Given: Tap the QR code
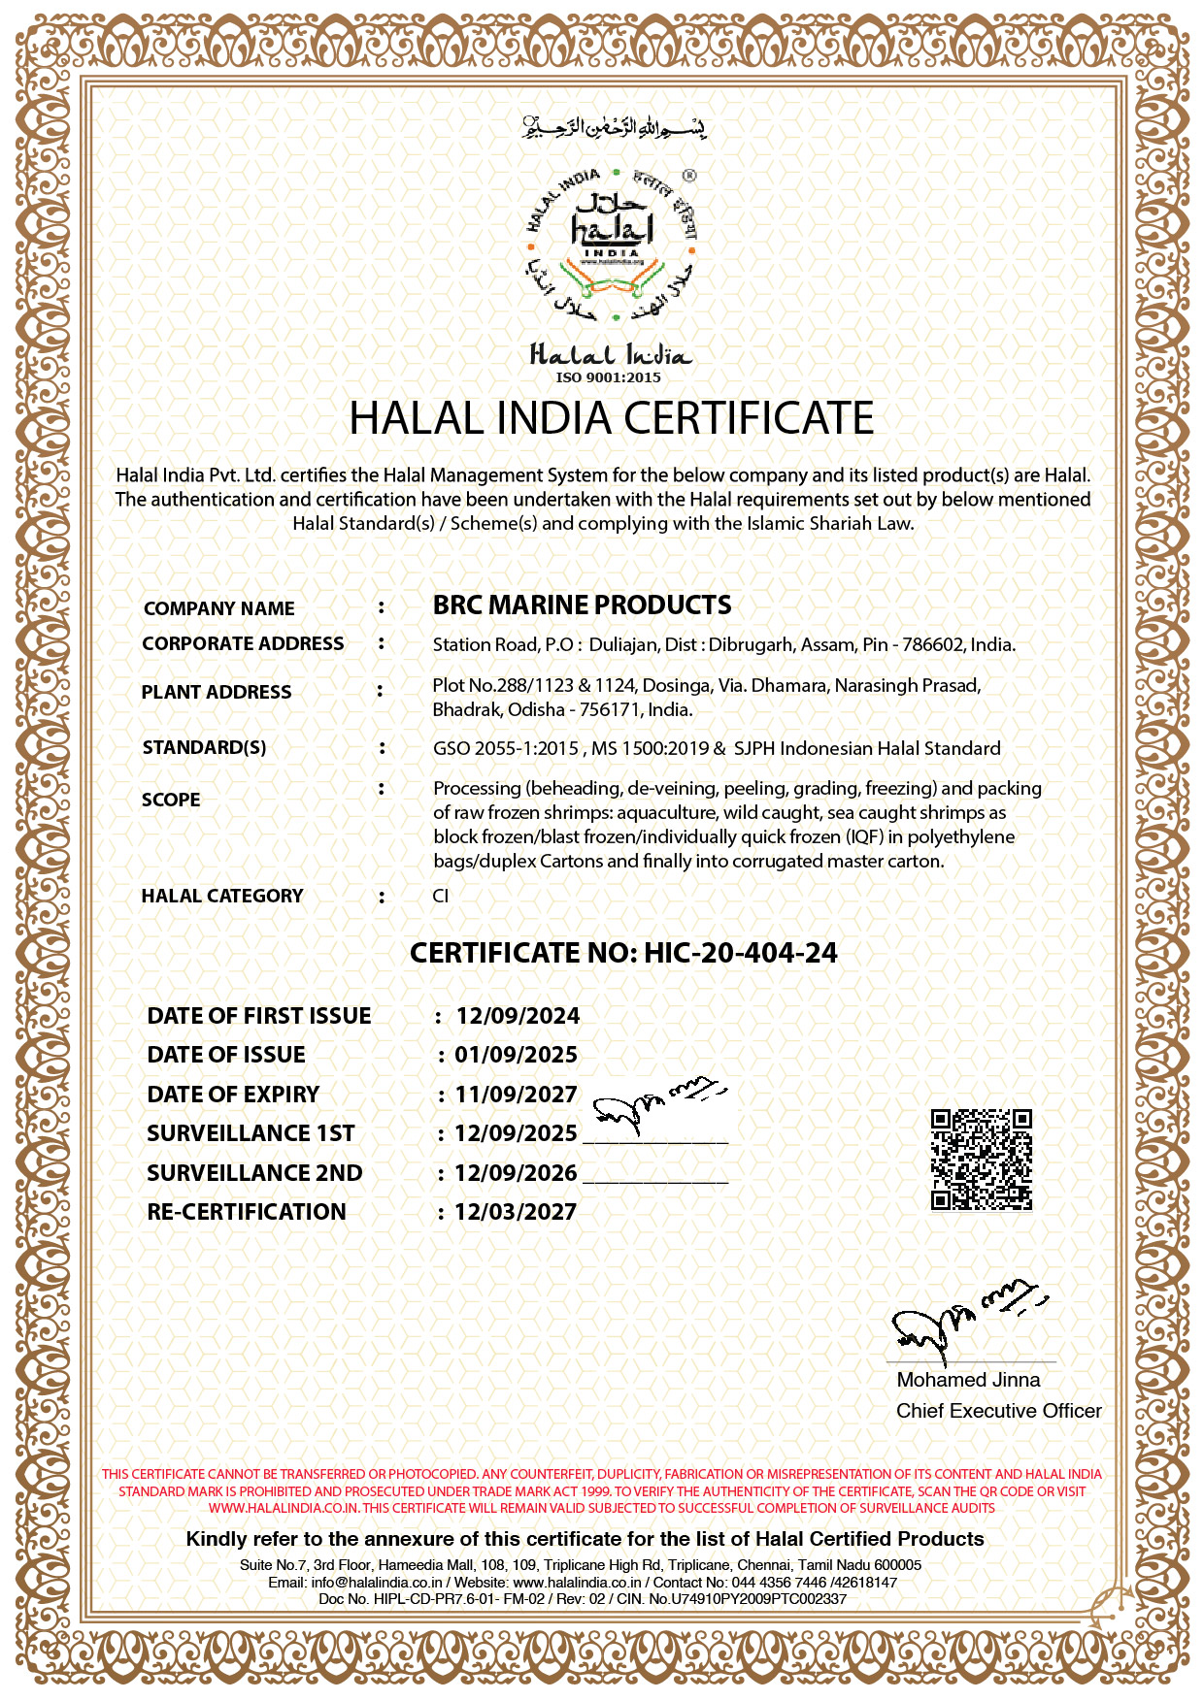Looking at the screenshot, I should pos(981,1160).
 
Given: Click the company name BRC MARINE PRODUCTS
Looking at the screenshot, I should pos(582,605).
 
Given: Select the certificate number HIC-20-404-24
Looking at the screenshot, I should pos(740,953).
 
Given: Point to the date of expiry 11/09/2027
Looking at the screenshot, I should pos(516,1095).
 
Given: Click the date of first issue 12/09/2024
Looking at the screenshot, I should pos(518,1016).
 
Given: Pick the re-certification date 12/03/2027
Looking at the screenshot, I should pos(516,1212).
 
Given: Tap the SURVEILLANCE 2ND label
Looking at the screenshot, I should pos(254,1173).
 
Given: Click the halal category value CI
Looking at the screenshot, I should pos(441,896).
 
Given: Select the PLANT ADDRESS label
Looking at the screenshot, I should pos(217,692).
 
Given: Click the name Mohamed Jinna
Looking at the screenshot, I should pos(968,1380).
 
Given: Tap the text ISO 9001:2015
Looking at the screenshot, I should pos(608,377).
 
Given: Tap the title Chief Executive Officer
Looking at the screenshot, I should pos(998,1411).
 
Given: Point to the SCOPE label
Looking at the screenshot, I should pos(171,800).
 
